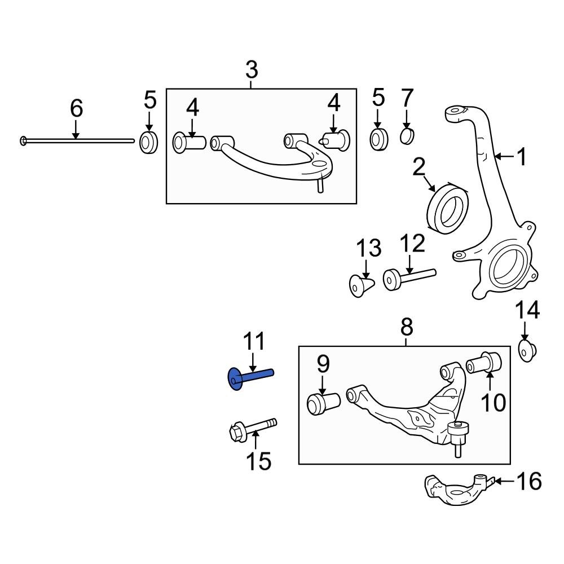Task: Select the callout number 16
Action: click(x=529, y=481)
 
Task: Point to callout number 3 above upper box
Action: click(x=252, y=70)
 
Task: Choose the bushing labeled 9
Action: click(x=322, y=403)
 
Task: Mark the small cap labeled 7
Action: click(x=407, y=136)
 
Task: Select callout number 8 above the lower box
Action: click(x=407, y=326)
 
